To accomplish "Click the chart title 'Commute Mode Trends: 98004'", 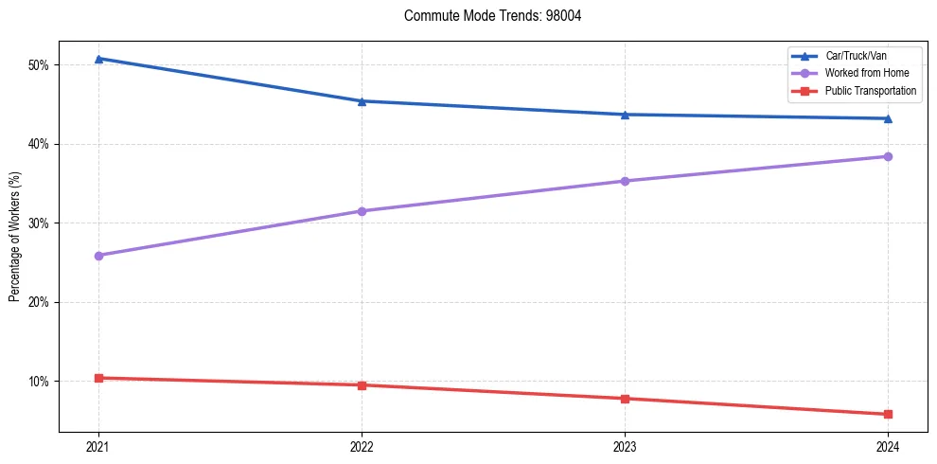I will click(x=486, y=16).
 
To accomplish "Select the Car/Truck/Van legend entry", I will click(x=856, y=56).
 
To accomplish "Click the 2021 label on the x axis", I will click(x=98, y=446).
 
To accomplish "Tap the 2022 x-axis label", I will click(x=362, y=446).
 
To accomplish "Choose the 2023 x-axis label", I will click(x=625, y=446).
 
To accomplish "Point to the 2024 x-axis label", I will click(x=888, y=446).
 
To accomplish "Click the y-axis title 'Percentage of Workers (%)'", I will click(x=14, y=237).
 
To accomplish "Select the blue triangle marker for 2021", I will click(x=98, y=59).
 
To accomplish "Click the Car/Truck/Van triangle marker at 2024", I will click(x=888, y=118).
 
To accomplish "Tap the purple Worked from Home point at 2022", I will click(x=362, y=211).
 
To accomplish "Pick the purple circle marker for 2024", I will click(x=888, y=156).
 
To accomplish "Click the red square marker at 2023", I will click(x=625, y=399).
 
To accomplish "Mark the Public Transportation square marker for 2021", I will click(x=98, y=378).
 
